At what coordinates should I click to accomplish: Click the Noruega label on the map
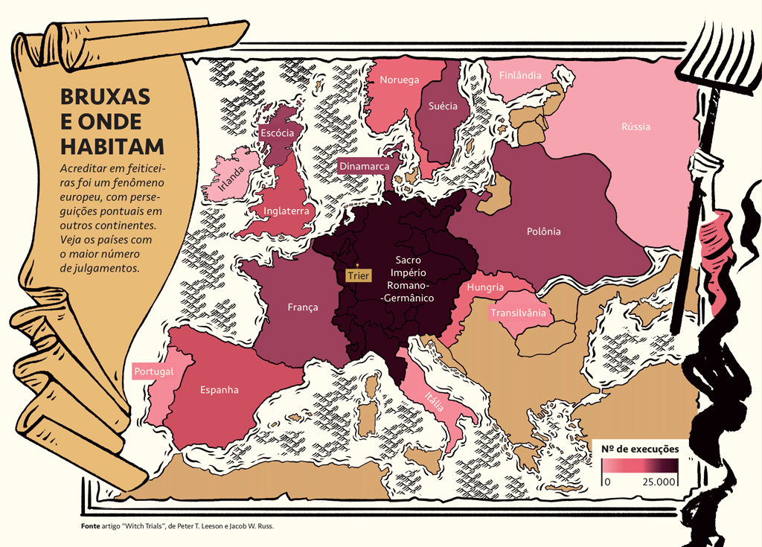click(x=400, y=80)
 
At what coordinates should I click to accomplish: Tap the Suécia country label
click(x=443, y=106)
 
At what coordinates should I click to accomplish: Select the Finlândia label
click(x=520, y=75)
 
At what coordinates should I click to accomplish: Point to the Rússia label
click(x=635, y=126)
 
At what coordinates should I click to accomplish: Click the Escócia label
click(x=277, y=132)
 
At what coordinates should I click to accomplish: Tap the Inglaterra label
click(x=286, y=211)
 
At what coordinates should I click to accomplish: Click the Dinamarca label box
click(x=364, y=166)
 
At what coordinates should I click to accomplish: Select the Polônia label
click(x=543, y=231)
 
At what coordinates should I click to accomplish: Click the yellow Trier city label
click(x=358, y=276)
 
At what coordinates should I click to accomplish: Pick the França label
click(x=303, y=307)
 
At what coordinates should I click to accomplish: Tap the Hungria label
click(x=485, y=287)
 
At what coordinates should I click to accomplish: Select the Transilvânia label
click(x=518, y=313)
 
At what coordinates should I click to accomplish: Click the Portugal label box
click(x=153, y=371)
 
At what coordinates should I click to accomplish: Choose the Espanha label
click(x=219, y=389)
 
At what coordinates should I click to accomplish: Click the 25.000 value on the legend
click(x=659, y=482)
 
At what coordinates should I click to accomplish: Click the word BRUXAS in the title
click(x=105, y=97)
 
